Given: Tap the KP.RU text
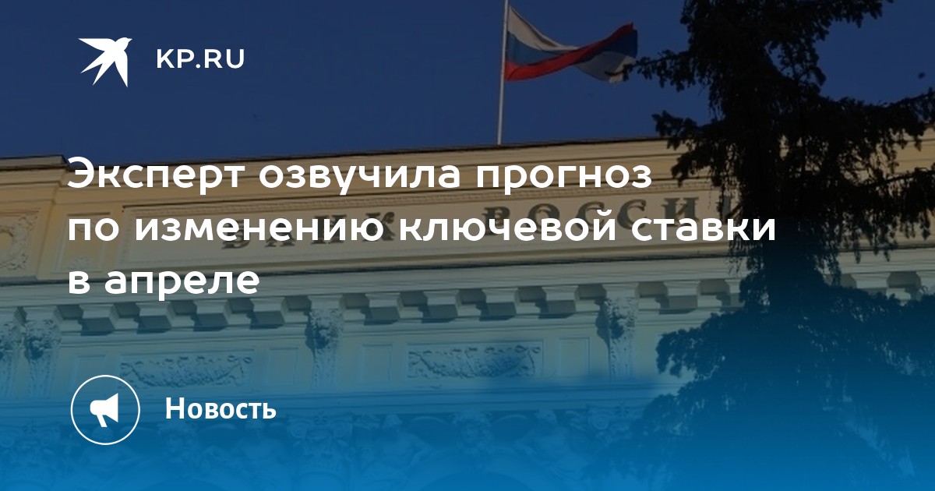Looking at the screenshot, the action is coord(200,59).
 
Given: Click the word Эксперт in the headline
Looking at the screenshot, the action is coord(155,175).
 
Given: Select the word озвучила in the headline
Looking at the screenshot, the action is coord(359,175).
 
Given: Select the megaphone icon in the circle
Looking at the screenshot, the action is coord(104,410).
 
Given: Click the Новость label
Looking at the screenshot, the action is coord(221,408).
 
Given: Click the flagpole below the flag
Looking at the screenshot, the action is coord(500,113).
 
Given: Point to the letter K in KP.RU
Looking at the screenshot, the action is coord(165,59).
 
